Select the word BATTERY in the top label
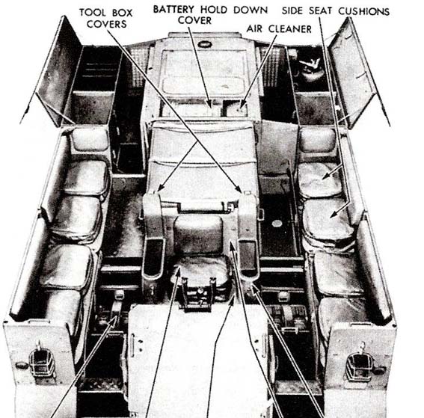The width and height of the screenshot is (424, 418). coord(173,10)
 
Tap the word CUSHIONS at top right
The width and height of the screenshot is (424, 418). coord(363,11)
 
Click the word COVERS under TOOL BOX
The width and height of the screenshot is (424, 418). coord(106,24)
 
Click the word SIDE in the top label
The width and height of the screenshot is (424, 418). coord(293,10)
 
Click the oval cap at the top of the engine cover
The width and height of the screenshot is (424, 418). coord(205,44)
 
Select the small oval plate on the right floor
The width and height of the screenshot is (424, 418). coord(276,224)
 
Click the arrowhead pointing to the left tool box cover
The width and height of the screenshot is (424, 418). coord(161,188)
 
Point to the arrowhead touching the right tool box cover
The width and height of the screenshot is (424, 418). coord(239,189)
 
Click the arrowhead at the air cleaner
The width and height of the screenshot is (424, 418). coord(242,105)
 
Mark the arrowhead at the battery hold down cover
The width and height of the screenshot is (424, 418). coord(210,104)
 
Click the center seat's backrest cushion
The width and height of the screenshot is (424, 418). coord(199,231)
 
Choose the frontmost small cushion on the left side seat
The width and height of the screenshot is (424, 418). coord(90,140)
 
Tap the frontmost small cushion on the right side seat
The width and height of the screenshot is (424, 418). coord(317,140)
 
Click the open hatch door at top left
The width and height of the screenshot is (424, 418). coord(57,71)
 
